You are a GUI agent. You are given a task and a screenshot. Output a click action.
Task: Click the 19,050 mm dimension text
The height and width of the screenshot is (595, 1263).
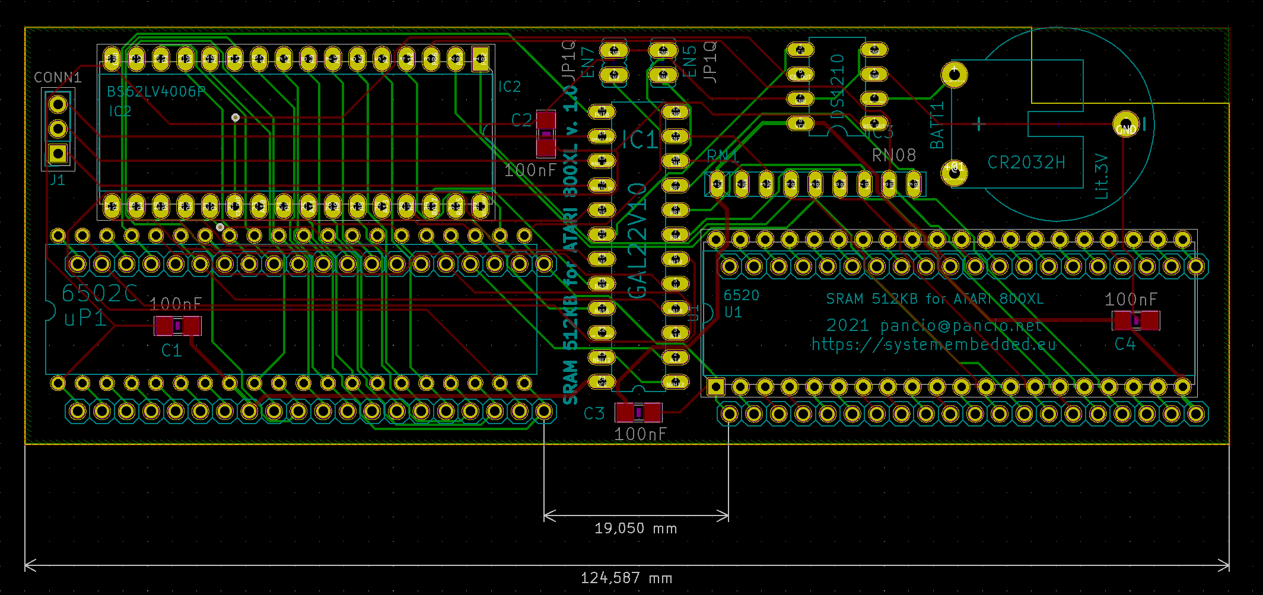click(x=635, y=528)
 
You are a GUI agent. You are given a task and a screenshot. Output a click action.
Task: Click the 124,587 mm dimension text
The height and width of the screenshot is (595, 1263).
click(x=626, y=578)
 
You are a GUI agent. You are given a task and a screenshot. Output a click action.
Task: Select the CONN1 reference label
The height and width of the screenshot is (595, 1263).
click(x=58, y=78)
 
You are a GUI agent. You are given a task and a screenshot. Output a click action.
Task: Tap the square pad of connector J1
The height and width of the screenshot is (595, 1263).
click(x=58, y=154)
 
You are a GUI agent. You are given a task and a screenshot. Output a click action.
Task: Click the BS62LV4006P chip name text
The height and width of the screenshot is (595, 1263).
click(x=156, y=91)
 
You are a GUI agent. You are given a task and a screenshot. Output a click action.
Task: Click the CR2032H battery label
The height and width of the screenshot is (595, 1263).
click(x=1026, y=163)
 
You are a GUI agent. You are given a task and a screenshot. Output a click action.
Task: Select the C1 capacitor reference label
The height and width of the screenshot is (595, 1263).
click(x=171, y=351)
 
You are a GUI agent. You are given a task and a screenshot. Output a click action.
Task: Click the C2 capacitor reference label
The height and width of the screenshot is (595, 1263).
click(x=521, y=120)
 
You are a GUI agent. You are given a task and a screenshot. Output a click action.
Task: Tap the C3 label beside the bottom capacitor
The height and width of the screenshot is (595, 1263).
click(x=594, y=413)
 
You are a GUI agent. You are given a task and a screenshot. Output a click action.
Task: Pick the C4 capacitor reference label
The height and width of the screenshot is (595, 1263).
click(x=1125, y=344)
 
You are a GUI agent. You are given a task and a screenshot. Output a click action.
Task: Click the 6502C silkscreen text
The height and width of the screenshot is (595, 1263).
click(x=99, y=294)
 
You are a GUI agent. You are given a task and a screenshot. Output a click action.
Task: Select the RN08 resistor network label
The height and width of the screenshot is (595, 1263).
click(x=894, y=155)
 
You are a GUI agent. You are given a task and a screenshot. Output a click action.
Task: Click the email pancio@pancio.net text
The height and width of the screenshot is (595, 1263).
click(x=961, y=326)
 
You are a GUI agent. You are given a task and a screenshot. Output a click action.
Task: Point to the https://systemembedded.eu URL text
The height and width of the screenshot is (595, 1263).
click(x=934, y=345)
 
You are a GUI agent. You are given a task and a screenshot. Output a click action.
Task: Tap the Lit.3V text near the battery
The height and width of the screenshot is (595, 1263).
click(x=1102, y=176)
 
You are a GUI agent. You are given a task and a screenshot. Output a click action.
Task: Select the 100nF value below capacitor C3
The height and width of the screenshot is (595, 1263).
click(x=640, y=434)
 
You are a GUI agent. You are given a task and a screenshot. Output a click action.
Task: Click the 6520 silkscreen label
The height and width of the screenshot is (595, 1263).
click(x=741, y=295)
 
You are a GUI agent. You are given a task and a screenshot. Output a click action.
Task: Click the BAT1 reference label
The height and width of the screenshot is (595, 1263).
click(x=937, y=126)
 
